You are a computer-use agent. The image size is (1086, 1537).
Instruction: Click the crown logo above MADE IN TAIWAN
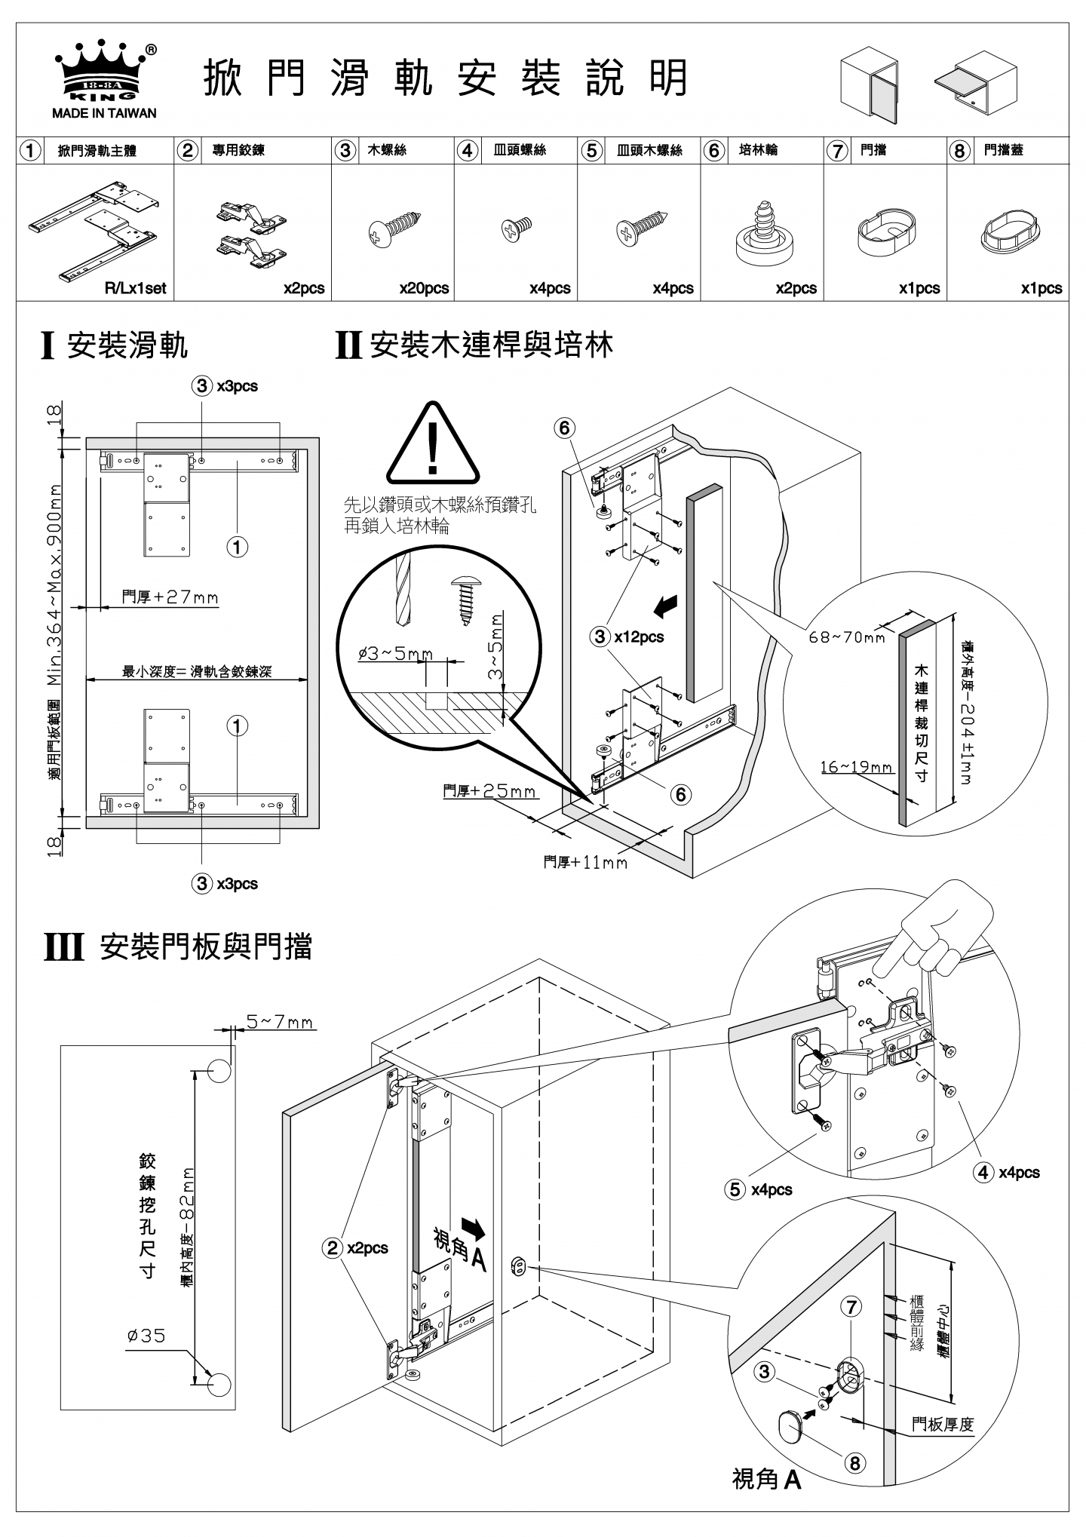tap(105, 72)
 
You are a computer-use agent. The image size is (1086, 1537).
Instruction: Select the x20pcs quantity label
tap(424, 288)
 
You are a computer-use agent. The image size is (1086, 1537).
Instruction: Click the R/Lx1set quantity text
tap(135, 288)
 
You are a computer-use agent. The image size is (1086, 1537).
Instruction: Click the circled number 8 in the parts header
tap(959, 151)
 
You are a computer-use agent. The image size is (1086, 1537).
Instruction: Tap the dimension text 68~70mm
tap(846, 637)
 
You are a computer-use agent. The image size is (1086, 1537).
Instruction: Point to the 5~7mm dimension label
tap(280, 1022)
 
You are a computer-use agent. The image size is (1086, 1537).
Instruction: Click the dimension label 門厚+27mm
tap(170, 597)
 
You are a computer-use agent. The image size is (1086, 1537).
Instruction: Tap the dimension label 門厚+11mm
tap(585, 861)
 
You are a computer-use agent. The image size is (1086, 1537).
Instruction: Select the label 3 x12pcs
tap(628, 637)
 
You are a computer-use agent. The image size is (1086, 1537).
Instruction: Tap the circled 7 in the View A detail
tap(851, 1306)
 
